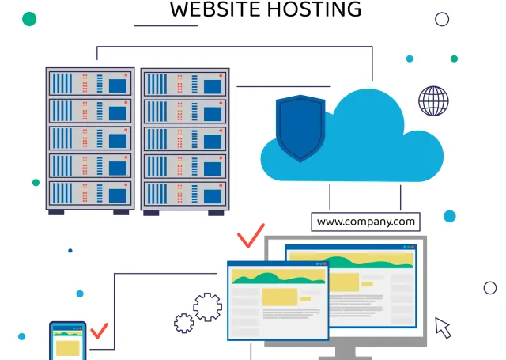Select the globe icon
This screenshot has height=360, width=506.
(433, 100)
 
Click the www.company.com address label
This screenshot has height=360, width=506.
(365, 221)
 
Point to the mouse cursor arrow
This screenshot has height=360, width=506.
(443, 326)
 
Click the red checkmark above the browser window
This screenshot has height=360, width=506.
(251, 236)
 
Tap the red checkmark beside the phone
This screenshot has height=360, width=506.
(99, 330)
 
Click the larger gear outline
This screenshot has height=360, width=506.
(207, 306)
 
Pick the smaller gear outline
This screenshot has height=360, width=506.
(184, 322)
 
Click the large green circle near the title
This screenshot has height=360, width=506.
(29, 18)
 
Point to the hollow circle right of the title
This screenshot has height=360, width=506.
(442, 19)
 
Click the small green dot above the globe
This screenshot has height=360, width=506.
(454, 59)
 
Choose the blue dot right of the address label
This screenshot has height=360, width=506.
(449, 216)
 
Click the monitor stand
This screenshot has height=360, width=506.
(345, 351)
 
